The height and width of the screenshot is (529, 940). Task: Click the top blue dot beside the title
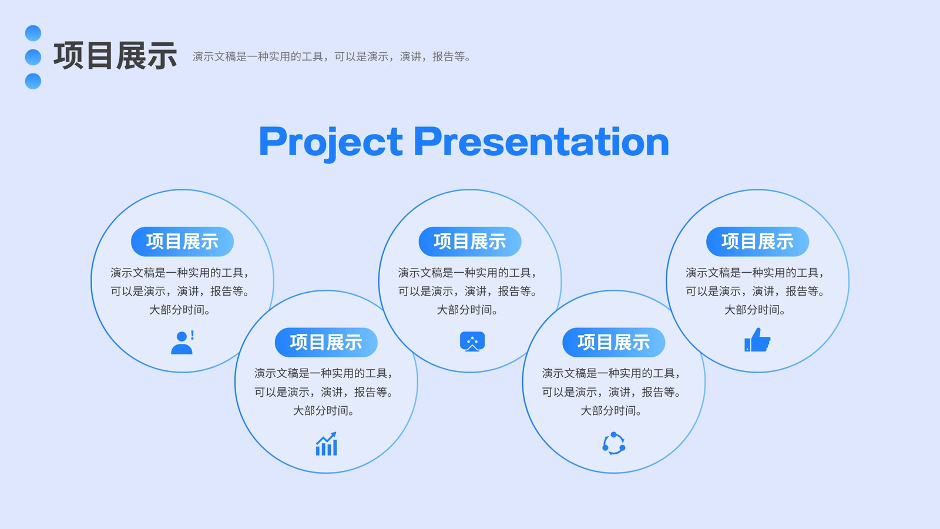click(x=33, y=33)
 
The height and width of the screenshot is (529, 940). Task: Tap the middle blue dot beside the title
click(x=33, y=57)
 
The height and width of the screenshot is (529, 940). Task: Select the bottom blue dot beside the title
click(x=33, y=81)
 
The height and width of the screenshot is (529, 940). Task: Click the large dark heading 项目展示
click(x=115, y=56)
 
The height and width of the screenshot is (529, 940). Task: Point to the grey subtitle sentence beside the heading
click(x=332, y=56)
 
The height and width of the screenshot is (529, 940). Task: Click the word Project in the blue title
click(x=331, y=142)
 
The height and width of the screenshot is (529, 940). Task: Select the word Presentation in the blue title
click(x=542, y=142)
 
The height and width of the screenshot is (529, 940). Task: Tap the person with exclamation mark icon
click(x=183, y=342)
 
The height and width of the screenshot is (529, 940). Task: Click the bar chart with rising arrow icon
click(x=327, y=444)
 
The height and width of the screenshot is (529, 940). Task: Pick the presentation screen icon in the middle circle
click(x=472, y=341)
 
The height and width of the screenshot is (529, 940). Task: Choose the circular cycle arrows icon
click(x=614, y=443)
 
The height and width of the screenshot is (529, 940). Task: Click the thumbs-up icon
click(x=757, y=340)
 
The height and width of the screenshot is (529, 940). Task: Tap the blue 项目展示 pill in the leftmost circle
click(x=183, y=242)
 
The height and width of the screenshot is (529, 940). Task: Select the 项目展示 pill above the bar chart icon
click(x=326, y=343)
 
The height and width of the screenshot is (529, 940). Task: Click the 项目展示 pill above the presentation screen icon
click(x=470, y=242)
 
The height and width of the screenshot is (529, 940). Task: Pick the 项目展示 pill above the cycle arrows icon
click(x=614, y=343)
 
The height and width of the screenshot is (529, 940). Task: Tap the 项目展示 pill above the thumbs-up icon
click(x=757, y=242)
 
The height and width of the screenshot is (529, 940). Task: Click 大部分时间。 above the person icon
click(x=180, y=310)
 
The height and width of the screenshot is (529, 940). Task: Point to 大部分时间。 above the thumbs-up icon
click(x=756, y=310)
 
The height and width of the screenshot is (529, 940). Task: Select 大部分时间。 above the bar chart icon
click(x=324, y=411)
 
